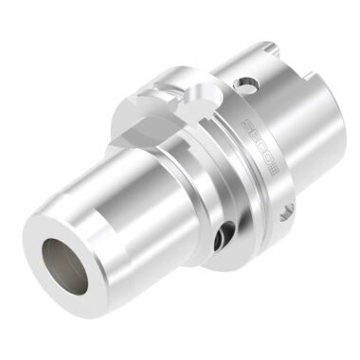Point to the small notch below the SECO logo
tap(286, 209)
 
